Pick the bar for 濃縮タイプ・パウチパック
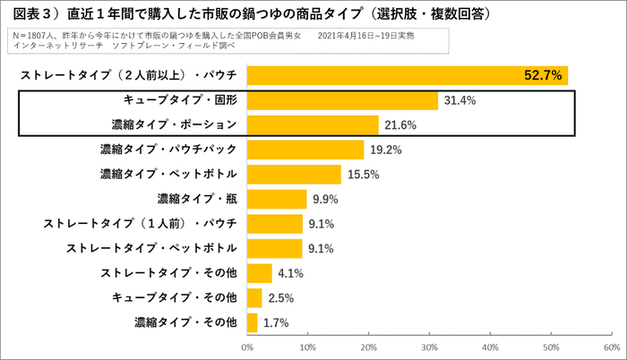click(x=305, y=150)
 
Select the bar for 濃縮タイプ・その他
click(x=252, y=321)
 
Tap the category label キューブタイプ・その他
click(x=174, y=297)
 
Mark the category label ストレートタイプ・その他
click(x=168, y=272)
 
